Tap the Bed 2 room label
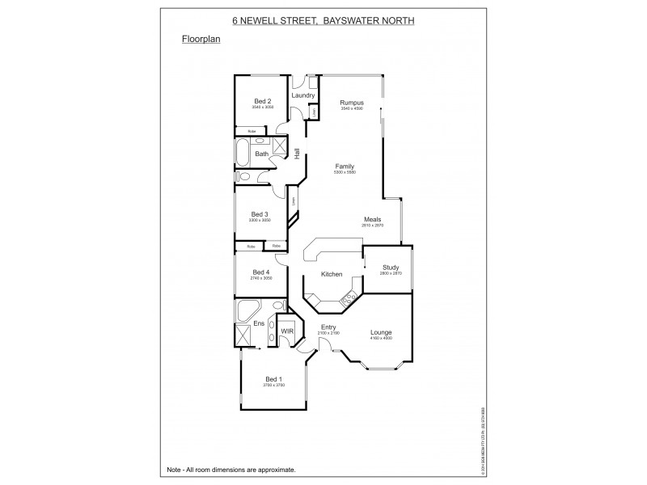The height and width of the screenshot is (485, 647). click(262, 101)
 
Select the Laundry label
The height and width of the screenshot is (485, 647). click(303, 95)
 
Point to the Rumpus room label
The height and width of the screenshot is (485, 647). click(352, 103)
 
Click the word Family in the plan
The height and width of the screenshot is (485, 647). click(345, 167)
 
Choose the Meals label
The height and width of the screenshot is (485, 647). click(373, 219)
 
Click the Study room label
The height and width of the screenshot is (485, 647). click(391, 267)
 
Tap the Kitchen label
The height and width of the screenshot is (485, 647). click(332, 275)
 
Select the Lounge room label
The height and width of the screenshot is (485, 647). click(381, 331)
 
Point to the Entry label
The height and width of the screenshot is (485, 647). click(328, 327)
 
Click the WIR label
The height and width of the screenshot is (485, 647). click(286, 331)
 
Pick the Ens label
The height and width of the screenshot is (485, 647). click(259, 324)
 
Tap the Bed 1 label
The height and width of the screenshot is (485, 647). click(274, 379)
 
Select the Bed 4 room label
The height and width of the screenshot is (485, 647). click(260, 272)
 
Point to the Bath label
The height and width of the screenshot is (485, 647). click(262, 154)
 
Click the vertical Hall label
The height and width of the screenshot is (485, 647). click(297, 153)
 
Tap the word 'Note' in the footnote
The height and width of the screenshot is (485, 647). click(174, 470)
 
